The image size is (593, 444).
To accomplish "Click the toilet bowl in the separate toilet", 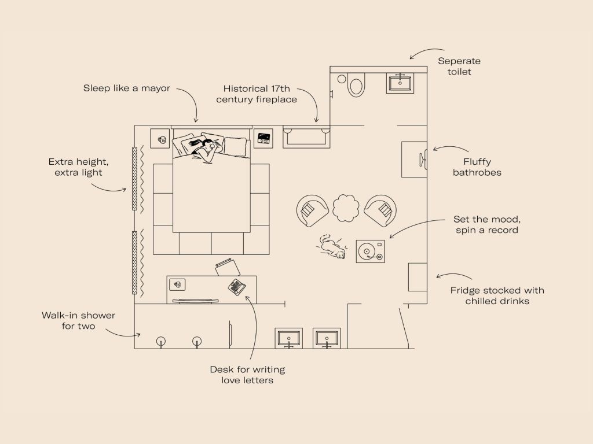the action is pyautogui.click(x=356, y=85).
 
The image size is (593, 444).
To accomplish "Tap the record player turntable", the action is pyautogui.click(x=370, y=251).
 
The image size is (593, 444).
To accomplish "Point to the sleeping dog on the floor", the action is pyautogui.click(x=331, y=247).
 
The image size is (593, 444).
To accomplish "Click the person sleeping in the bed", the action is pyautogui.click(x=204, y=149).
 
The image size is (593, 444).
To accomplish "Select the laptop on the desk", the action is pyautogui.click(x=237, y=287).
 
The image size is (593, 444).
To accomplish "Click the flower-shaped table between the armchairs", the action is pyautogui.click(x=346, y=209).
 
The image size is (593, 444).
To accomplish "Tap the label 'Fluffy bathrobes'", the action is pyautogui.click(x=477, y=167).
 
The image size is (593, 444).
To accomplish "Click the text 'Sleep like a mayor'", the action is pyautogui.click(x=127, y=88).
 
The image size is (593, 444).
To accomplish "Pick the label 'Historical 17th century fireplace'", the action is pyautogui.click(x=257, y=94).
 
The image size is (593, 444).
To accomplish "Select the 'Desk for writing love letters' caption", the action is pyautogui.click(x=247, y=375).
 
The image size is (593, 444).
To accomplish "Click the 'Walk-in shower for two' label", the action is pyautogui.click(x=78, y=320).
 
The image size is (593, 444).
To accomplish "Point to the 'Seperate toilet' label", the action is pyautogui.click(x=459, y=66).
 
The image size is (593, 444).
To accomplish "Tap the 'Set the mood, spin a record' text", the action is pyautogui.click(x=486, y=225).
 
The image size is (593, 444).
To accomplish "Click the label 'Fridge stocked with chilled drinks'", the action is pyautogui.click(x=497, y=295).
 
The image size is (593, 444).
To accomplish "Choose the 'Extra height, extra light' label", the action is pyautogui.click(x=78, y=167).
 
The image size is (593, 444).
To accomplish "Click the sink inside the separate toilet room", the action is pyautogui.click(x=400, y=83).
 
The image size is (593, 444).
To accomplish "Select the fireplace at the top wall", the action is pyautogui.click(x=306, y=136).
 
